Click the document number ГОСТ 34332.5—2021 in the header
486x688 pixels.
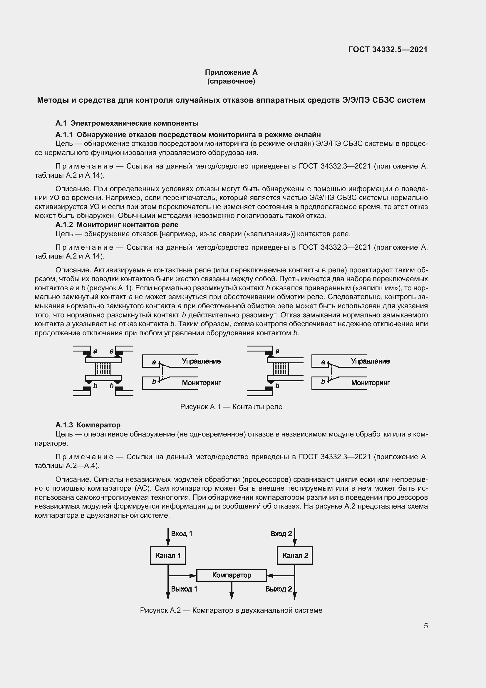pyautogui.click(x=388, y=49)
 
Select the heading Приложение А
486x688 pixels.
pyautogui.click(x=231, y=72)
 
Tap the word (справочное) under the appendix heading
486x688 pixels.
pyautogui.click(x=231, y=81)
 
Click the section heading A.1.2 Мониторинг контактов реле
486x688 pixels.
pyautogui.click(x=117, y=224)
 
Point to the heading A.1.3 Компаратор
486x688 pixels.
pyautogui.click(x=88, y=425)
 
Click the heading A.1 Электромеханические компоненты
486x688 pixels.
pyautogui.click(x=127, y=123)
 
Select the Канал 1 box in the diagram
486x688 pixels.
pyautogui.click(x=168, y=555)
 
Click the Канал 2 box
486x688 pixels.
pyautogui.click(x=295, y=555)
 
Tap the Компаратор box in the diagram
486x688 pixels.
pyautogui.click(x=231, y=575)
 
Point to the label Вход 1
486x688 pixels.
pyautogui.click(x=181, y=534)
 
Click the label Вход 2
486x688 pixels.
pyautogui.click(x=281, y=534)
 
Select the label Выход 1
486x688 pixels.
pyautogui.click(x=184, y=589)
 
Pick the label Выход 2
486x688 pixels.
pyautogui.click(x=278, y=589)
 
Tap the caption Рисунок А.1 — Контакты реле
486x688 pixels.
pyautogui.click(x=231, y=407)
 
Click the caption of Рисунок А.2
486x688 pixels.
pyautogui.click(x=231, y=610)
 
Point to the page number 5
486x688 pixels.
pyautogui.click(x=425, y=626)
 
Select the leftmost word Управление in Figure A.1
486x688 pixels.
pyautogui.click(x=201, y=361)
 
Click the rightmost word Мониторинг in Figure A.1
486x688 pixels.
pyautogui.click(x=370, y=383)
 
